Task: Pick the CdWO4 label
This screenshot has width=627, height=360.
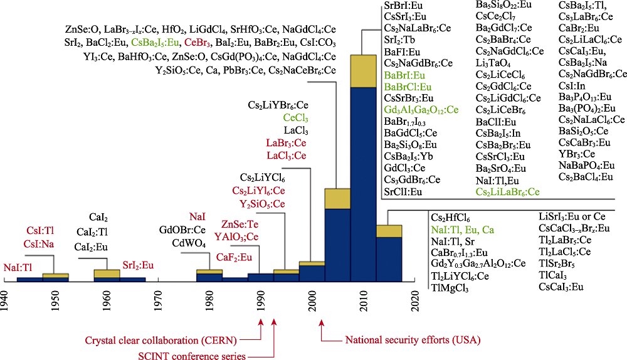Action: (x=189, y=243)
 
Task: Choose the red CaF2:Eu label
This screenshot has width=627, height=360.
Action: (x=234, y=257)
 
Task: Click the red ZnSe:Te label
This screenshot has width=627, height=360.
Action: (x=241, y=224)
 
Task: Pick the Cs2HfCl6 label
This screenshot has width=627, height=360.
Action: (x=450, y=217)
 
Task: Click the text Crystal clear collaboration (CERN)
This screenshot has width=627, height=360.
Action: (x=184, y=341)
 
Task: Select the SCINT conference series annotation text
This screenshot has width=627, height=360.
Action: (x=191, y=356)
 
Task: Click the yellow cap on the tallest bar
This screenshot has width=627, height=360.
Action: (x=362, y=71)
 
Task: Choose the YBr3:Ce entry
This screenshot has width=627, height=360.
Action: (x=576, y=154)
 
